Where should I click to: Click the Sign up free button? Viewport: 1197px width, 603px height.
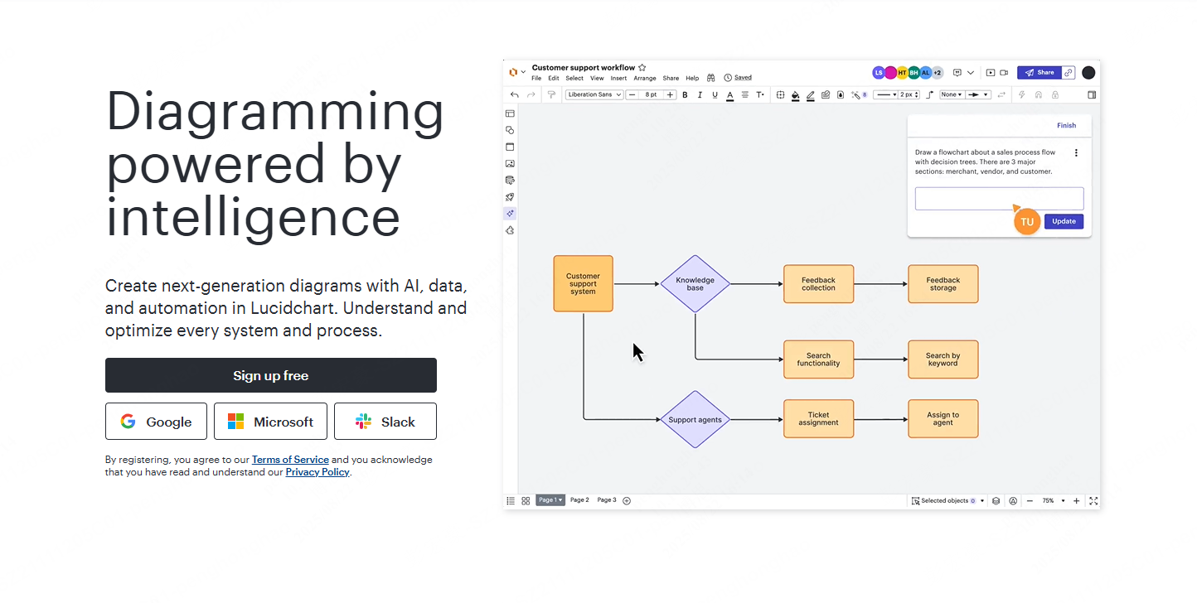(271, 375)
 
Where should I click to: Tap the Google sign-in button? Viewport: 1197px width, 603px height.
(156, 422)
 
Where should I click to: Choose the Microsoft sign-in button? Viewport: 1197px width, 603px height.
(270, 422)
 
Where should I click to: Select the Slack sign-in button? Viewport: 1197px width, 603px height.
(385, 422)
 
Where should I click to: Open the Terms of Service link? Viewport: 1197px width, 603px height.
(290, 460)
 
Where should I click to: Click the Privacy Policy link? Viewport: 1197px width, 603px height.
(317, 472)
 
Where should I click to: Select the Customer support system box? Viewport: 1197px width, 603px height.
(583, 283)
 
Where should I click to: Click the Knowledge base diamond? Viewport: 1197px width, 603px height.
(695, 283)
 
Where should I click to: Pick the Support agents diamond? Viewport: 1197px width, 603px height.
(695, 419)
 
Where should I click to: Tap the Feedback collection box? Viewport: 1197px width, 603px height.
(818, 283)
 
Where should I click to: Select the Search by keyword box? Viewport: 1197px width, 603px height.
(943, 359)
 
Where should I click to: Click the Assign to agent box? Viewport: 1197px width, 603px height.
(943, 419)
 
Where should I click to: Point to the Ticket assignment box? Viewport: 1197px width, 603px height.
(818, 419)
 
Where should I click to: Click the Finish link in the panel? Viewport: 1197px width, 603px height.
(1066, 126)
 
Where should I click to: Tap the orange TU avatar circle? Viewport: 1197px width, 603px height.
(1026, 222)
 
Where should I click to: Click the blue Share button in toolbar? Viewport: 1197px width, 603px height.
(1039, 73)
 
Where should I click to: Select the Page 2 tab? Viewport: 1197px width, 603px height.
(579, 500)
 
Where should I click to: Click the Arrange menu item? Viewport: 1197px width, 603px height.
(644, 78)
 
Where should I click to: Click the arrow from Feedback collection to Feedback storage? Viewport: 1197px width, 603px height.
(880, 283)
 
